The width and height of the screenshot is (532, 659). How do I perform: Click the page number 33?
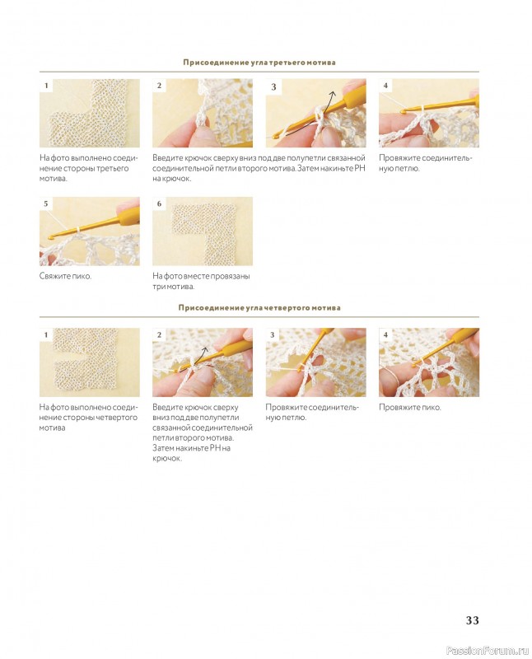472,620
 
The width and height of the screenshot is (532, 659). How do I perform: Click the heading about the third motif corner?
259,63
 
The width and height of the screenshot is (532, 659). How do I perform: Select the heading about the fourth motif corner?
259,307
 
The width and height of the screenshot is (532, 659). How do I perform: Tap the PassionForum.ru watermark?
487,651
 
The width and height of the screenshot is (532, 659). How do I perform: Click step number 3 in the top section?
273,86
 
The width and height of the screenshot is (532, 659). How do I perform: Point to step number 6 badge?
159,203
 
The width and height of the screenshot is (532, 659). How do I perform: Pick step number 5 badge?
46,203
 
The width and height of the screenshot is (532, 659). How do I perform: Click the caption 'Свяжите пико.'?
65,276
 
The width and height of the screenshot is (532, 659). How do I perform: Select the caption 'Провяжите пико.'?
410,407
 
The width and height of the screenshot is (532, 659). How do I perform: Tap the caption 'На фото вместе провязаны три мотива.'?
201,281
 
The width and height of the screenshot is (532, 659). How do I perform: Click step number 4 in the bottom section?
385,335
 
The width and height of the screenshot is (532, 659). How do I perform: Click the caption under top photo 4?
425,163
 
